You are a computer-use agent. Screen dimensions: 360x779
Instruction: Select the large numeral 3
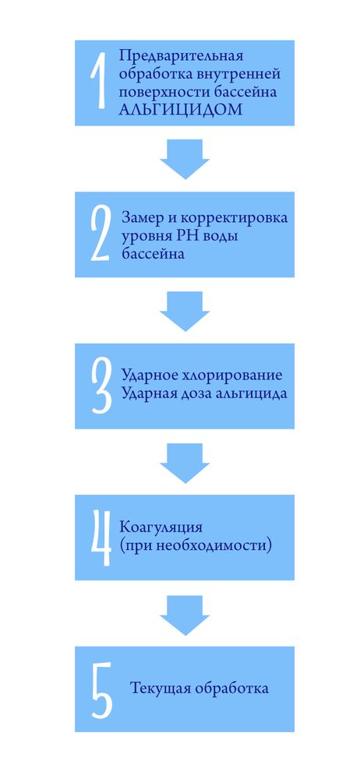(102, 386)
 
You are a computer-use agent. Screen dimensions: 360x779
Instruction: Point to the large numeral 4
(101, 538)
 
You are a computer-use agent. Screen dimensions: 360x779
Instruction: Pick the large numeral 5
(102, 689)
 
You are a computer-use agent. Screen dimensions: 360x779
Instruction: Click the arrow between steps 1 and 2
(185, 159)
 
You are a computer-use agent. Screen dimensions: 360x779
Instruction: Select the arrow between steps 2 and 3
(185, 311)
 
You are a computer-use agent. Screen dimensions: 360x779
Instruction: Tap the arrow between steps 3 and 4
(185, 463)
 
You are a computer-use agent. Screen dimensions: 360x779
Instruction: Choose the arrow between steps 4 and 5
(185, 615)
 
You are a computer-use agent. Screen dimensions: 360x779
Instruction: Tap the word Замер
(143, 219)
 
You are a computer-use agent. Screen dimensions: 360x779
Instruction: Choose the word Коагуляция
(161, 528)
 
